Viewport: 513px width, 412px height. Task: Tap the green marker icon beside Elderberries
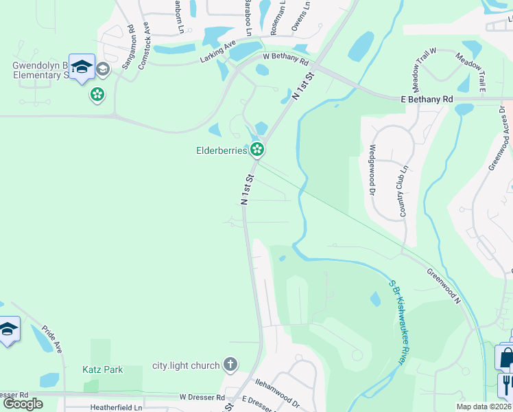pos(257,148)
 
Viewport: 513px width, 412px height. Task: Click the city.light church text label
pos(185,366)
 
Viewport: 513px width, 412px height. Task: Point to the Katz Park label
pos(103,369)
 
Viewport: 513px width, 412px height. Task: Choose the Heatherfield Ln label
pos(116,407)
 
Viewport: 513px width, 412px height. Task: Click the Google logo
pos(23,403)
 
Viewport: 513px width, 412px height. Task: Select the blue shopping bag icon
pos(505,356)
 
